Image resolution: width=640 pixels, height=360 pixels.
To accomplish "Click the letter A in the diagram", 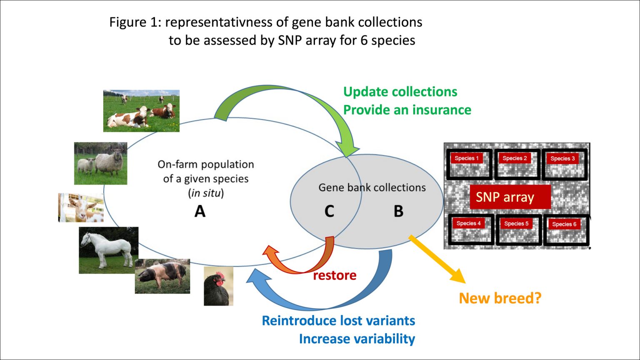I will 200,211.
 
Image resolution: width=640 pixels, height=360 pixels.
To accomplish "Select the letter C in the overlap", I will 329,211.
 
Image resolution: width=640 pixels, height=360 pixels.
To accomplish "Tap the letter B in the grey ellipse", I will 398,211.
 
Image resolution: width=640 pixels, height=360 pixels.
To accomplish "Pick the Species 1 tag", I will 467,158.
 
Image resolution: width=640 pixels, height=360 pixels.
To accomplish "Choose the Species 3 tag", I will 562,159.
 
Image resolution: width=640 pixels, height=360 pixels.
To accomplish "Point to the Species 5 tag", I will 516,224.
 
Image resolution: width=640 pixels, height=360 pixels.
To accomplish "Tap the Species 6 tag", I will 564,224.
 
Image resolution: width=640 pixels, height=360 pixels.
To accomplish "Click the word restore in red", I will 335,275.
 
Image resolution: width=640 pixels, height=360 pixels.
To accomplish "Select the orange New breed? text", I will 500,298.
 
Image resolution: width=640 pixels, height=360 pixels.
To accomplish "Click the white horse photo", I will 108,250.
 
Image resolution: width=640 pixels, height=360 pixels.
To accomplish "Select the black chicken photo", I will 218,287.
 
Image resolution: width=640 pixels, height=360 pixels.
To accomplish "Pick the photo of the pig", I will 162,276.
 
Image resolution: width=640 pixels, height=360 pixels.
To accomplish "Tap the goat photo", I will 81,207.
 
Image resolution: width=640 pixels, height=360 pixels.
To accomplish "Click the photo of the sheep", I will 100,163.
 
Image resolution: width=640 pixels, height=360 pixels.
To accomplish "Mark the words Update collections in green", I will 400,92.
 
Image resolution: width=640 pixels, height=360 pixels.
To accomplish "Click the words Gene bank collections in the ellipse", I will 372,187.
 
